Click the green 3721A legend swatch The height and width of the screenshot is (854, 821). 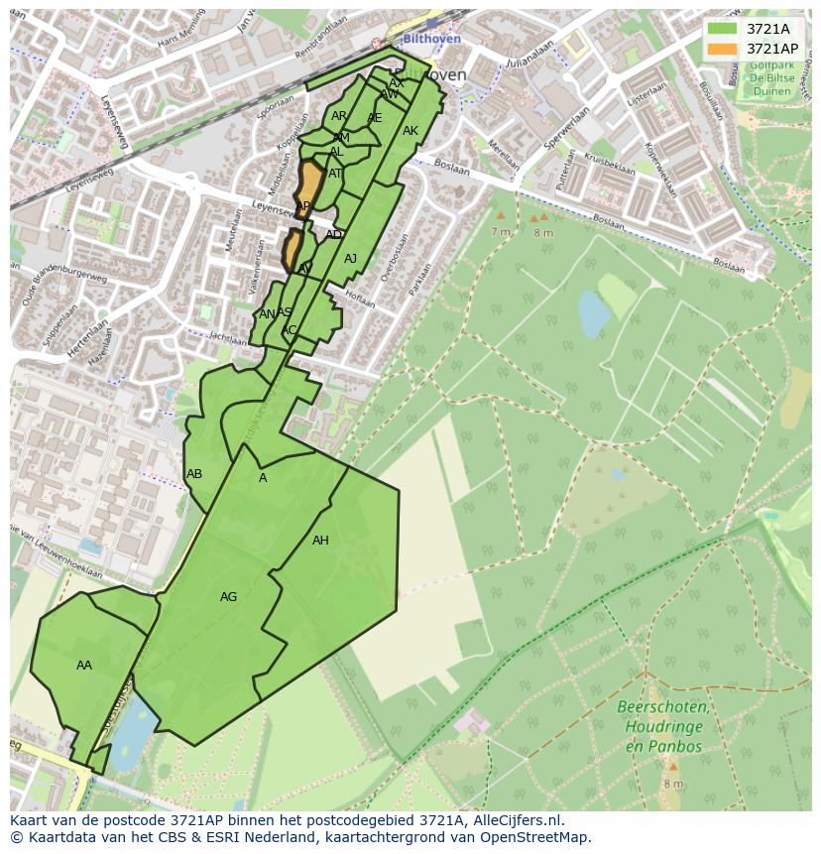(x=723, y=29)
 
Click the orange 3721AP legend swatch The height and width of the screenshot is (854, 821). (x=723, y=49)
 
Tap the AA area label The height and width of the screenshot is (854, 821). (x=84, y=666)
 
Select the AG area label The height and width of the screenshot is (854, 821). (x=228, y=597)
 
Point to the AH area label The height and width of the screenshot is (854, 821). (x=320, y=541)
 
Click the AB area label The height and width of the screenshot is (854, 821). (x=194, y=474)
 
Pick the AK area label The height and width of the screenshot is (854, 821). (x=410, y=131)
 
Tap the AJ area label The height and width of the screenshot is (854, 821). (x=350, y=259)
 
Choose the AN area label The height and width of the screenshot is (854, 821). (x=267, y=314)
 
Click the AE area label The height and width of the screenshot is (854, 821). (x=374, y=118)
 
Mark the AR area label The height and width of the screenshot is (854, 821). (x=339, y=117)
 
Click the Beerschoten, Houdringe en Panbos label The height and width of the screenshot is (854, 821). (x=662, y=727)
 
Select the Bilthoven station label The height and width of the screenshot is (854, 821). (x=432, y=39)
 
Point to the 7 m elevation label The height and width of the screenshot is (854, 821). (x=500, y=231)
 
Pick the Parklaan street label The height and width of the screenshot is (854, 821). (x=420, y=282)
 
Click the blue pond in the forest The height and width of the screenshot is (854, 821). (x=594, y=315)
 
